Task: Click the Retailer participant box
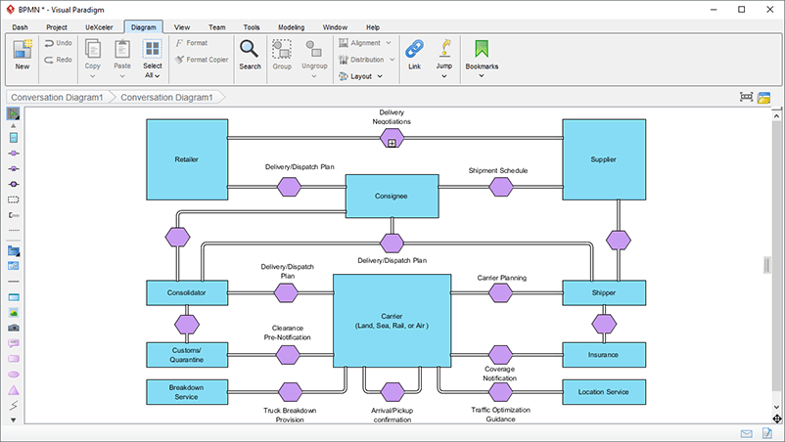pos(187,159)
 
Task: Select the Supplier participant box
pos(603,159)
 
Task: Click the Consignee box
pos(391,197)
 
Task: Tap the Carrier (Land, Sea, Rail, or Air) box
pos(392,321)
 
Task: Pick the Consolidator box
pos(187,291)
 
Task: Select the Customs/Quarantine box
pos(187,354)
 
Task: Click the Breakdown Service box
pos(187,391)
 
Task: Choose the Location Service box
pos(604,392)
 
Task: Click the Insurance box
pos(604,354)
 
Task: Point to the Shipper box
pos(604,291)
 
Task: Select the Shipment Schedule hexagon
pos(501,187)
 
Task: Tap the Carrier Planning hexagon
pos(501,291)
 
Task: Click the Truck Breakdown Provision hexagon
pos(289,392)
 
